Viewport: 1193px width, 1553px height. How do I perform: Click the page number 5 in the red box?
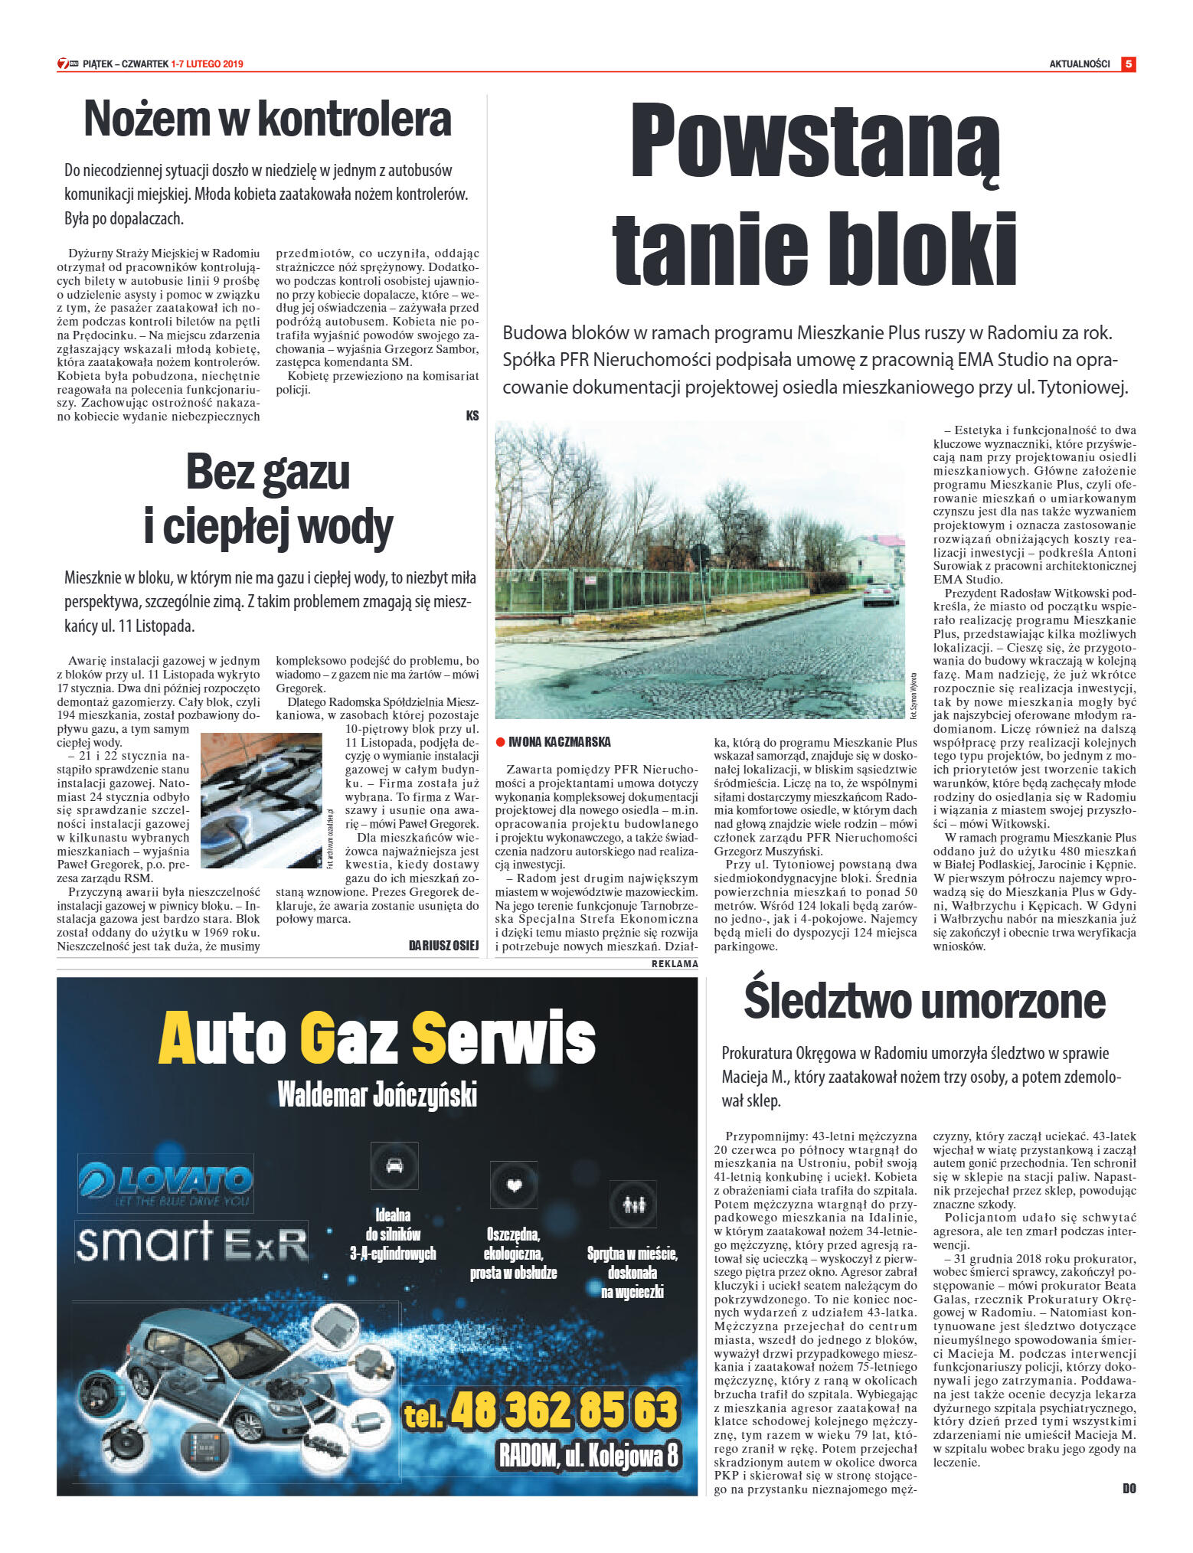1128,64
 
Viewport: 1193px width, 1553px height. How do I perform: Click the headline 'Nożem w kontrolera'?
267,119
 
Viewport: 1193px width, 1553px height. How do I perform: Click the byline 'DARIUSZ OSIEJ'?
443,946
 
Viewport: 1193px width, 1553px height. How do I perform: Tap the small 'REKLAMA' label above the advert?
674,964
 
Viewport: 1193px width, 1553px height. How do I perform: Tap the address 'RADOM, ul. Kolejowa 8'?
588,1456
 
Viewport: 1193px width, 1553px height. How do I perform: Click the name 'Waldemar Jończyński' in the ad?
377,1094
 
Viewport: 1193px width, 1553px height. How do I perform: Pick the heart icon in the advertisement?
514,1185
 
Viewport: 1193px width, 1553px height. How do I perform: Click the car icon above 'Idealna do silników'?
394,1166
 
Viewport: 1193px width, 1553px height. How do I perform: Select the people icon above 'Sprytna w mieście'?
632,1205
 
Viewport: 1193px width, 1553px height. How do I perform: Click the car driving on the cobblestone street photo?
881,593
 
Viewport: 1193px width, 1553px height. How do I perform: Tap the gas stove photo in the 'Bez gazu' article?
261,800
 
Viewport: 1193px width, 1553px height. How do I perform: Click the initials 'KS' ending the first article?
472,415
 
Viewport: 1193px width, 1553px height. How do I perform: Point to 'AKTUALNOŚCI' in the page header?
1079,64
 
